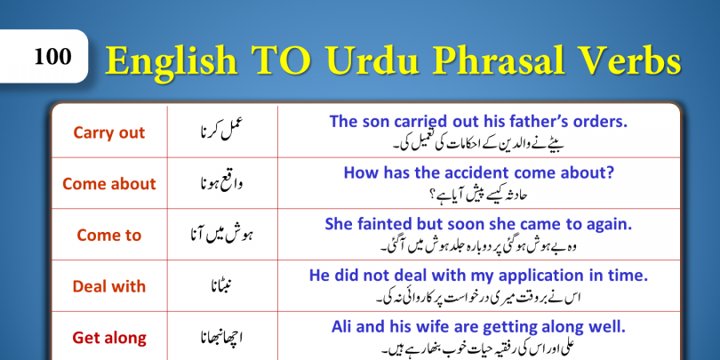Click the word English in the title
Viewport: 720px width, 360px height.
coord(172,62)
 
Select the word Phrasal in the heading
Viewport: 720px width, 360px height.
coord(497,60)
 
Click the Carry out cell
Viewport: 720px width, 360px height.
coord(108,132)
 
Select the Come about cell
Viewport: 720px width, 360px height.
coord(109,184)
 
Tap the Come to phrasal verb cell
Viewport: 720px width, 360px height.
coord(108,235)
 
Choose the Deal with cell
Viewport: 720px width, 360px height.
coord(108,286)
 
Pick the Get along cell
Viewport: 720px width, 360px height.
coord(109,339)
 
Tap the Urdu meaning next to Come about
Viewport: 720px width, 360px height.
coord(222,184)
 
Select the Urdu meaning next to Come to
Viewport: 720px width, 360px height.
coord(222,235)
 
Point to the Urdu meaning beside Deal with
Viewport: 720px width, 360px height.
coord(222,285)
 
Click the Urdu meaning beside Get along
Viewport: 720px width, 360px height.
coord(222,338)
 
